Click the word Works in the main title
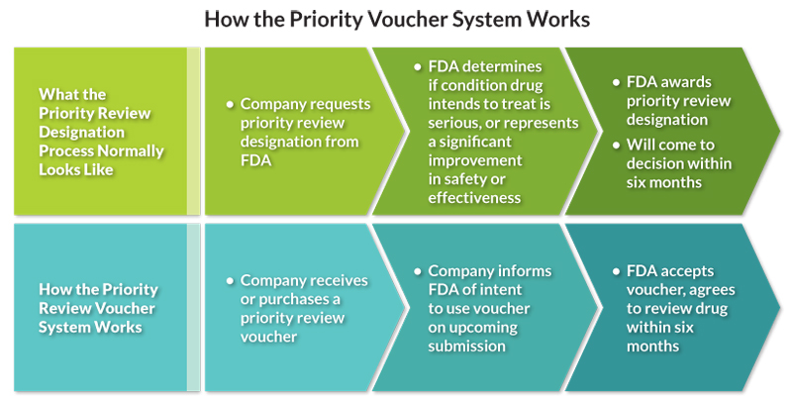558,19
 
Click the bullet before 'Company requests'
229,102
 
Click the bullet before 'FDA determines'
418,66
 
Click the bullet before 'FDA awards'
615,82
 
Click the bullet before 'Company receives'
229,280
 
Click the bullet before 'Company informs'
417,270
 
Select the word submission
467,346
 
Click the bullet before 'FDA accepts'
615,270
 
